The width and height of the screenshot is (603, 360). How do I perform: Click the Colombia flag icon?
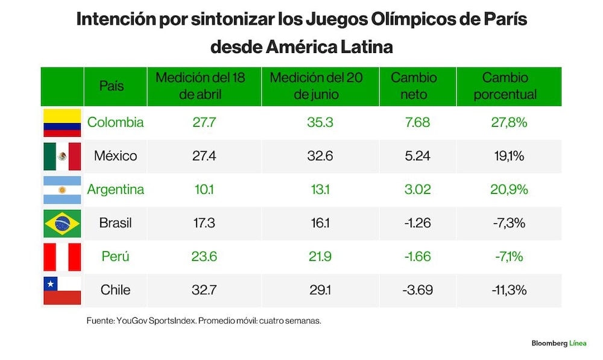(62, 122)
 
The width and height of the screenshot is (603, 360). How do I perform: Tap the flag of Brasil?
(62, 224)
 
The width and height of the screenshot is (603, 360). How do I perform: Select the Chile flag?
(62, 291)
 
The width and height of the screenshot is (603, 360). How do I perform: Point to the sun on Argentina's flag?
(62, 190)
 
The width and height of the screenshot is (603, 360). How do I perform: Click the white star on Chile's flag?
(51, 284)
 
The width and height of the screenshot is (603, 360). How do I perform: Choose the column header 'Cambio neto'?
(414, 86)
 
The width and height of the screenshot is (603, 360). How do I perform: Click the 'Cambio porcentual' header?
(505, 86)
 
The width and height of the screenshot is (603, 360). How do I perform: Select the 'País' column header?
(112, 86)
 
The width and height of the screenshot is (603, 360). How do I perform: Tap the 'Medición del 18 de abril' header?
(200, 86)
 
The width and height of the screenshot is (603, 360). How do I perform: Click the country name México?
(115, 156)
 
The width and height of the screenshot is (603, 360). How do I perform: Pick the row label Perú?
(115, 256)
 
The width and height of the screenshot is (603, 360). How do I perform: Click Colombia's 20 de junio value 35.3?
(320, 122)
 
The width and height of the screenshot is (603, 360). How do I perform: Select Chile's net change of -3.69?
(418, 289)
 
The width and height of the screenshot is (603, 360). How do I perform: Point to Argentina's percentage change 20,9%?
(509, 189)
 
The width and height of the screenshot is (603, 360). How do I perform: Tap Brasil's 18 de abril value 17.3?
(204, 223)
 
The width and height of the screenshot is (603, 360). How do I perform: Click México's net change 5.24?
(418, 156)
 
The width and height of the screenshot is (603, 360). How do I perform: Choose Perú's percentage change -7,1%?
(509, 256)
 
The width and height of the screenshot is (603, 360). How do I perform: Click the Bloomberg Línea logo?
(559, 343)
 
